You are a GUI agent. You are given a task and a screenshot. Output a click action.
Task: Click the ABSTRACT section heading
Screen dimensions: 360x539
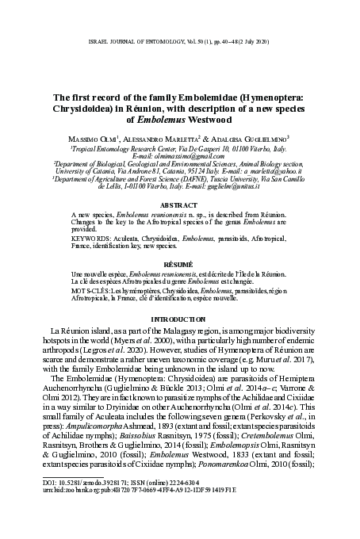click(180, 204)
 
